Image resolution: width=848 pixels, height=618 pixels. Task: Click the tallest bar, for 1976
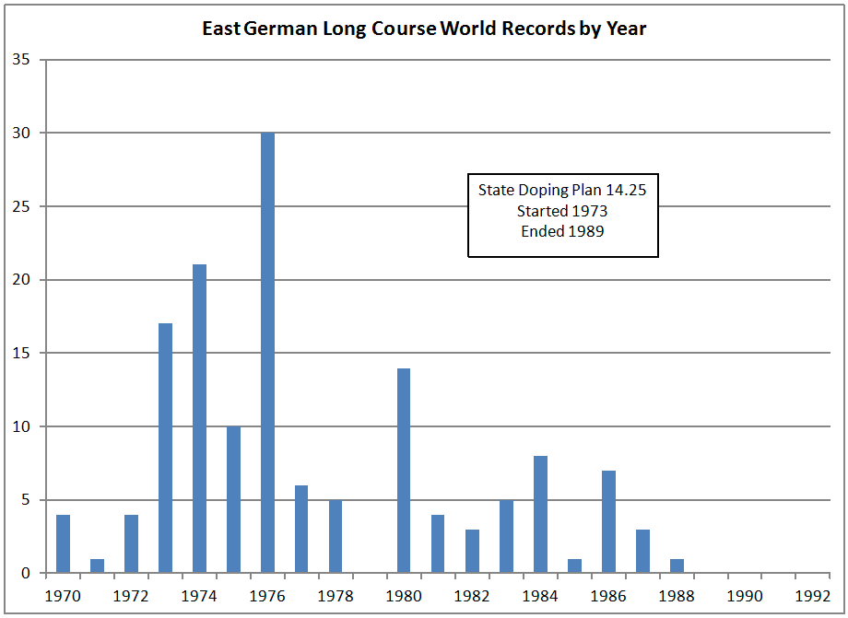[268, 353]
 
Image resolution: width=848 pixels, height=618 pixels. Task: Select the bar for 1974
[200, 419]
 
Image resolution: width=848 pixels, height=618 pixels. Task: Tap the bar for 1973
[166, 449]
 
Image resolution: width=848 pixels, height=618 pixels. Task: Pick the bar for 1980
[404, 471]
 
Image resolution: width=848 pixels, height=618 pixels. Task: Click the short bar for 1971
[98, 566]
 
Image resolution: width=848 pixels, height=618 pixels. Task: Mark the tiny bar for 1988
[677, 566]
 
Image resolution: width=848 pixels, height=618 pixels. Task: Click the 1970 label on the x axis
[64, 595]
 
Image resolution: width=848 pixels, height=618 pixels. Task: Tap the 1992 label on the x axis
[813, 595]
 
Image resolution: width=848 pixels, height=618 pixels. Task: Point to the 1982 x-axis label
[472, 595]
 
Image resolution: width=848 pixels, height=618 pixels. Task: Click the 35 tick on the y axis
[21, 60]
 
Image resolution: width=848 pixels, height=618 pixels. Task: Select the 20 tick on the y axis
[21, 280]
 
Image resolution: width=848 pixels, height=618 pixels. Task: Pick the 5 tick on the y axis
[25, 500]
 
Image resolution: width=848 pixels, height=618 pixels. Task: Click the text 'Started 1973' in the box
[562, 211]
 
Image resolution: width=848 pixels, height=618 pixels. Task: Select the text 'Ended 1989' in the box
[562, 231]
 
